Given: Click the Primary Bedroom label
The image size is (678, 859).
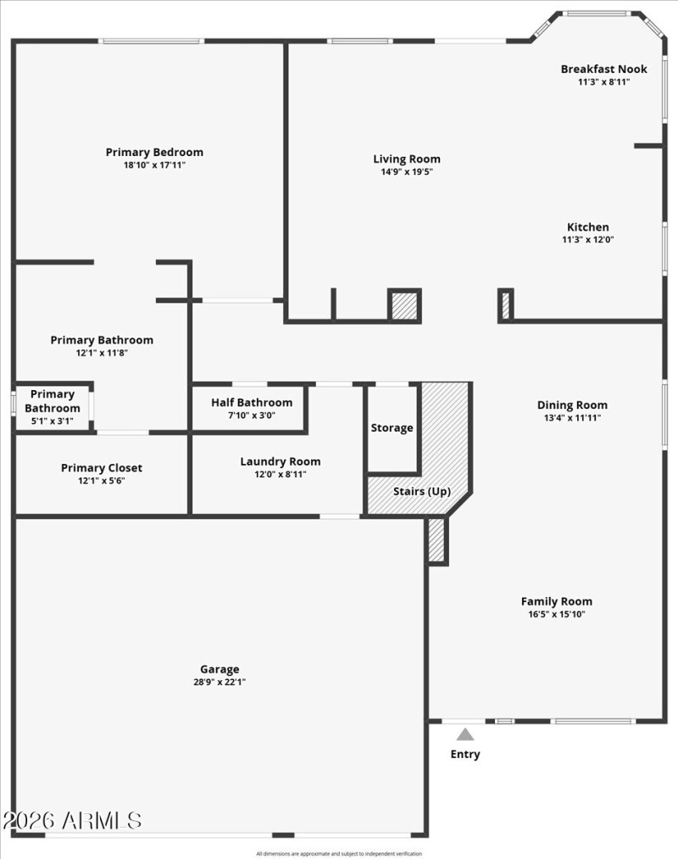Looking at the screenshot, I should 154,153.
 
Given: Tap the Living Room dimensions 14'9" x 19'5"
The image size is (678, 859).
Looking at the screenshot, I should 407,172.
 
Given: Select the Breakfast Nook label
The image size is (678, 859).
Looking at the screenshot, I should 603,70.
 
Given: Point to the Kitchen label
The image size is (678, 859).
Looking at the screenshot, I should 587,227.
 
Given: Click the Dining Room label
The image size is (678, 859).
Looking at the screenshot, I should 572,405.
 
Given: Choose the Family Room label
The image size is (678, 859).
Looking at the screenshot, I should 556,602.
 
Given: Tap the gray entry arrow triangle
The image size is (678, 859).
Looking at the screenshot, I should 465,734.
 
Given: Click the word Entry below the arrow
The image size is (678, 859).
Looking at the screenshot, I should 465,754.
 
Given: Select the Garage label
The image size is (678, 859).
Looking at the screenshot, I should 220,669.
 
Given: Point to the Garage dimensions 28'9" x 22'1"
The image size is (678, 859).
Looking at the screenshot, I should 220,682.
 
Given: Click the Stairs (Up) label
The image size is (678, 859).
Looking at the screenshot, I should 421,492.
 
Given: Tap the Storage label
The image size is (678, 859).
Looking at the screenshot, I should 392,428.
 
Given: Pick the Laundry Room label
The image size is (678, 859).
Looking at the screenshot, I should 280,462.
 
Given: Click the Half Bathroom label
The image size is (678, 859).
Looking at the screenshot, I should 252,403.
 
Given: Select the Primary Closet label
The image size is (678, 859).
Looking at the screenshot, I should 101,468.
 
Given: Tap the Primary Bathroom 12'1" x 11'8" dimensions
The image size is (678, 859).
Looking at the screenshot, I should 102,353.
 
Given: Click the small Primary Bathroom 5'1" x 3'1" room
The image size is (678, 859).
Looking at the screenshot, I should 53,407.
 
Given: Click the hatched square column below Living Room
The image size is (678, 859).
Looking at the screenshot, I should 404,305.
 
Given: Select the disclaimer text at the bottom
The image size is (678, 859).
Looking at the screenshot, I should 339,854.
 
